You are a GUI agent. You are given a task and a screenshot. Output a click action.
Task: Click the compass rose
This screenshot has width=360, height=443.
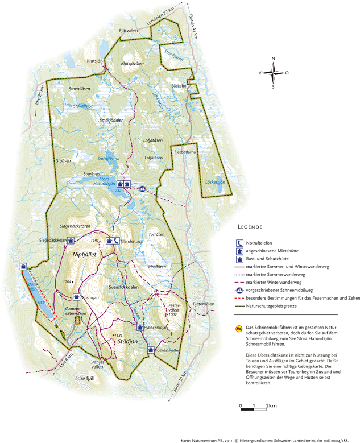[273, 72]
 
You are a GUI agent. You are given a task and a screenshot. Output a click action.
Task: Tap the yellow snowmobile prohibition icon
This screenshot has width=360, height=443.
[239, 328]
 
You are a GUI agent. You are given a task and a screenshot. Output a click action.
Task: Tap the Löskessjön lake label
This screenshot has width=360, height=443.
[215, 183]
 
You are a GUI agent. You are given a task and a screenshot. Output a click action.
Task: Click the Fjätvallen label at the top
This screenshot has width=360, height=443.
[129, 31]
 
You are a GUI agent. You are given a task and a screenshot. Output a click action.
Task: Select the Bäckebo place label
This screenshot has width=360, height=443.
[179, 86]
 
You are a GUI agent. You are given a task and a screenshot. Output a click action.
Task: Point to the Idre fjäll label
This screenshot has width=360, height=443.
[88, 378]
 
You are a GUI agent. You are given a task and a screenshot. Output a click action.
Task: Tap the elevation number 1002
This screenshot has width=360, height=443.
[173, 314]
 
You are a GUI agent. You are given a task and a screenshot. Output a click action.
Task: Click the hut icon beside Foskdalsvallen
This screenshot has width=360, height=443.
[151, 350]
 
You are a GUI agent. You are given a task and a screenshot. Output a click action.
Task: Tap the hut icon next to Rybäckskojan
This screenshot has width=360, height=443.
[140, 327]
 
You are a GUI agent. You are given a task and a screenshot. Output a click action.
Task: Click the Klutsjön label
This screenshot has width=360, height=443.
[95, 60]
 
